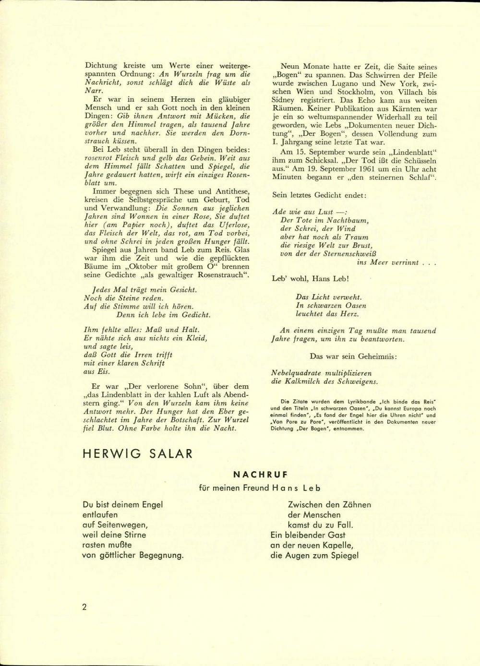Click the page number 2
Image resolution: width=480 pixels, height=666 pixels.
click(x=84, y=607)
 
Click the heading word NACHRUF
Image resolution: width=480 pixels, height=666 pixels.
click(x=260, y=475)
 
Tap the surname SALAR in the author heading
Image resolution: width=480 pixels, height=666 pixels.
click(x=169, y=453)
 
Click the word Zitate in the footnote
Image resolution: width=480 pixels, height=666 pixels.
click(x=301, y=402)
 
